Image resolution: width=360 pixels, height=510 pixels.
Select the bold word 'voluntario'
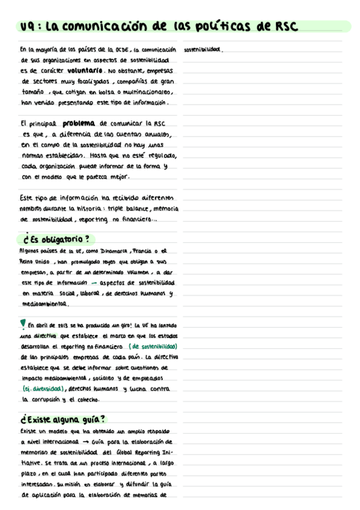[x=79, y=71]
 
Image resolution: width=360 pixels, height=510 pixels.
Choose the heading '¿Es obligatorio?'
[x=58, y=239]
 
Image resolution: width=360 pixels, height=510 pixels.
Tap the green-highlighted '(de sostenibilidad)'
[x=153, y=347]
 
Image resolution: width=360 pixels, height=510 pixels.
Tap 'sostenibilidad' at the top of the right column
[x=203, y=49]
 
